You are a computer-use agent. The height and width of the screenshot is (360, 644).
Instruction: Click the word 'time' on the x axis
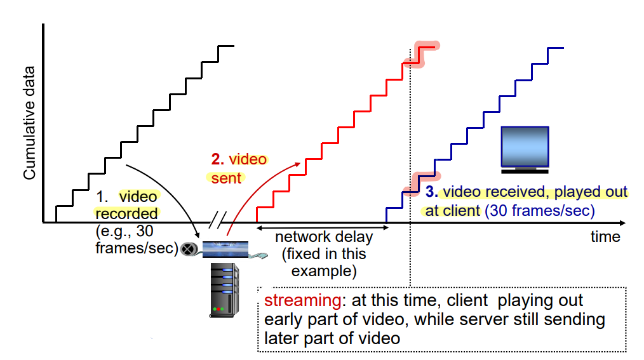pyautogui.click(x=605, y=237)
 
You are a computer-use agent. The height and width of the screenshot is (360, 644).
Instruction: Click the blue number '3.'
pyautogui.click(x=431, y=192)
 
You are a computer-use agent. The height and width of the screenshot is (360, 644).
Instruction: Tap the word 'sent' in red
pyautogui.click(x=227, y=178)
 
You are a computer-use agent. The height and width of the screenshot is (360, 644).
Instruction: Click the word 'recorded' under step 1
pyautogui.click(x=127, y=213)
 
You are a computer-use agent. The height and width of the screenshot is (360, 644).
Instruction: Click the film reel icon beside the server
pyautogui.click(x=188, y=249)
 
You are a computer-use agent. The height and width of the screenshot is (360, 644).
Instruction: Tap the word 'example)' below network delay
pyautogui.click(x=323, y=272)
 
